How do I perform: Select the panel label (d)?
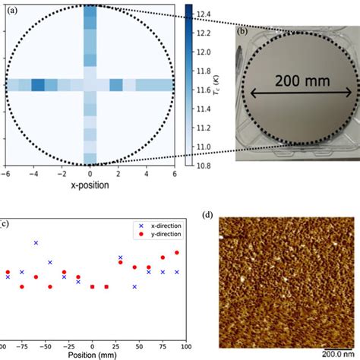point(208,216)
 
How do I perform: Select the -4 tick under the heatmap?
point(34,175)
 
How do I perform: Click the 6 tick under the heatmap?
point(174,175)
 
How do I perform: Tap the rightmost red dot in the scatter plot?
point(177,253)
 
